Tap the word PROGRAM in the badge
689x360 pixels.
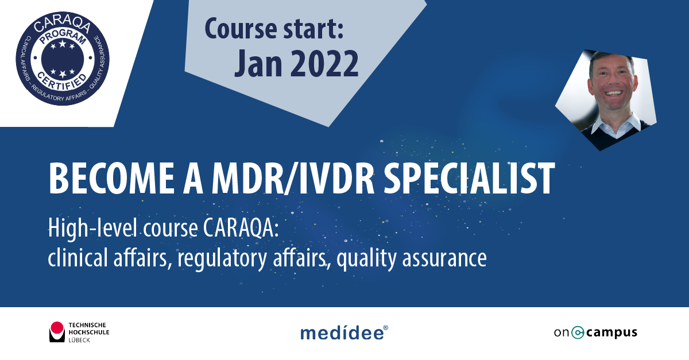click(x=63, y=37)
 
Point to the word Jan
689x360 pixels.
click(x=258, y=64)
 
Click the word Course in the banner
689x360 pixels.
click(x=241, y=29)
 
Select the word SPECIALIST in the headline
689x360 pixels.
click(x=469, y=179)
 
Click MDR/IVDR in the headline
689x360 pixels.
click(x=293, y=179)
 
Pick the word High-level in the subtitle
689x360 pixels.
click(x=92, y=229)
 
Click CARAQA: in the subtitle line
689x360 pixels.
click(x=241, y=228)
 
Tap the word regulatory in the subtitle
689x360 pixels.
click(x=222, y=258)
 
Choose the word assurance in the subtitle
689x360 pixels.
click(x=444, y=258)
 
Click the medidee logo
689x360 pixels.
click(x=344, y=332)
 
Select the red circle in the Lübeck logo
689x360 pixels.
click(x=57, y=328)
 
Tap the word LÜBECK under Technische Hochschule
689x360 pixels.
click(x=79, y=340)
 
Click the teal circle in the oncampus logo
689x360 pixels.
click(x=578, y=332)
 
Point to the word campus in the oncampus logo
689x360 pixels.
click(x=612, y=333)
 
